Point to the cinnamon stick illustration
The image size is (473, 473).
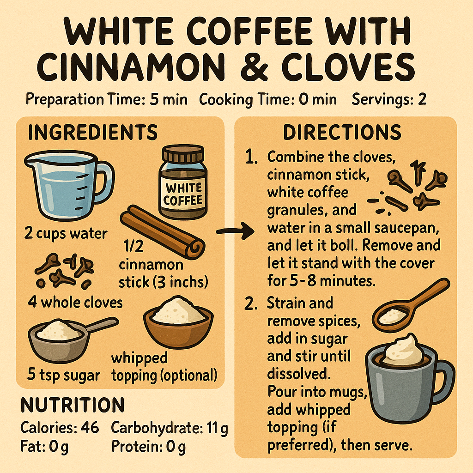(x=162, y=233)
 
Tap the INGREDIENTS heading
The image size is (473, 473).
(x=92, y=133)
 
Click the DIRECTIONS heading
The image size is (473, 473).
(x=342, y=133)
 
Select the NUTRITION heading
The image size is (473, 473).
(x=73, y=405)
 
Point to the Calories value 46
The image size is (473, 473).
(x=90, y=428)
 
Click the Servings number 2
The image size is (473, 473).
(x=422, y=99)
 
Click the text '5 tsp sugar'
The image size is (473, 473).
(x=63, y=375)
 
